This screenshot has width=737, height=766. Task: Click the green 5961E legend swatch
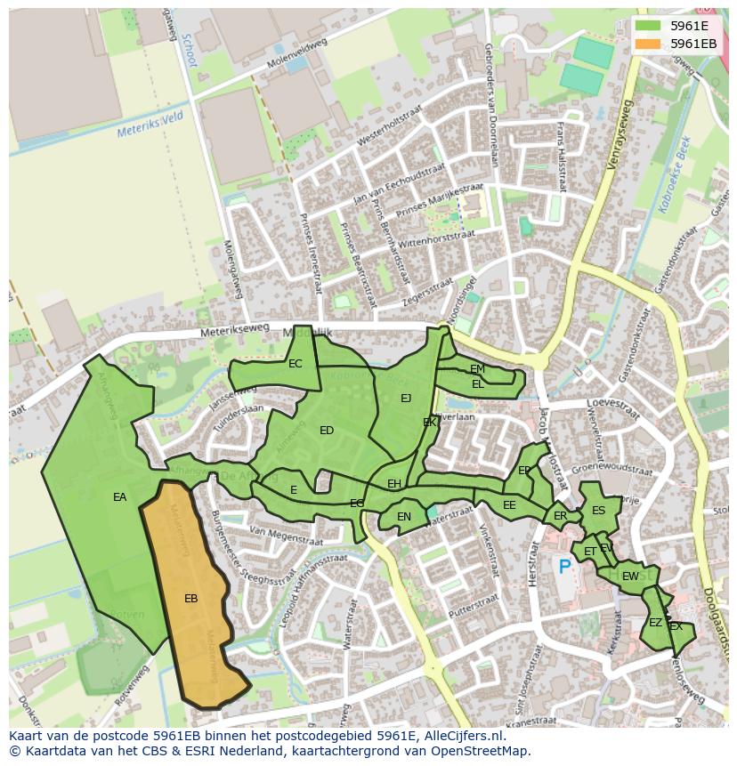(648, 26)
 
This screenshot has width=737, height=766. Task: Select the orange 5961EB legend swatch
(648, 44)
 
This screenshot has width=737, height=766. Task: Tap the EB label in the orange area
(190, 599)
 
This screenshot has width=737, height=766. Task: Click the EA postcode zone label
(119, 497)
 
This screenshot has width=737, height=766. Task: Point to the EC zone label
(295, 364)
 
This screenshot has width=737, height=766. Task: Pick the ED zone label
(326, 431)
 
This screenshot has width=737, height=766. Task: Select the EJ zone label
(406, 399)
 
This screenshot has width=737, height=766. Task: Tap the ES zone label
(598, 511)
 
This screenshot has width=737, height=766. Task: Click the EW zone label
(629, 577)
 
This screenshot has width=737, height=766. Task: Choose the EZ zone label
(655, 623)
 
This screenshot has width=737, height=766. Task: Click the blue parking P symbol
(563, 566)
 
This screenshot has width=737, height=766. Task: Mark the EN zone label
(403, 517)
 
